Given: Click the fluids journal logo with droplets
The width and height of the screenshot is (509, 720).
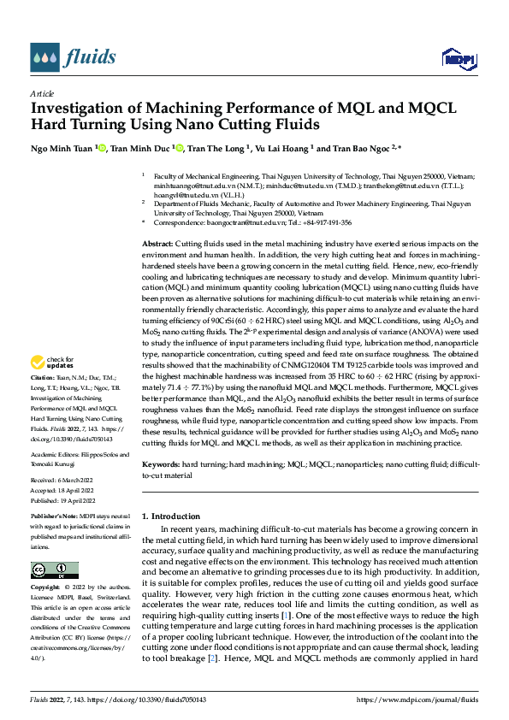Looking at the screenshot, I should tap(73, 58).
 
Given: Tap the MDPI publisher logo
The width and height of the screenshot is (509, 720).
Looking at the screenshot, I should tap(456, 58).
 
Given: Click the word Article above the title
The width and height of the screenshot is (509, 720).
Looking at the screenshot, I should tap(42, 93).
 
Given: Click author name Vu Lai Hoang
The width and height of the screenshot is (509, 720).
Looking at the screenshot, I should tap(279, 148).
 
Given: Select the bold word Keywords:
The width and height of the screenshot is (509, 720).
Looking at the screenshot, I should tap(161, 463).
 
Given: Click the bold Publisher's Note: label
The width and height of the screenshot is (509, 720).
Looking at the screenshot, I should tap(52, 517).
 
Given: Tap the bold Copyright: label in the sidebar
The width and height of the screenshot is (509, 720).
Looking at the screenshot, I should tap(45, 588).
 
